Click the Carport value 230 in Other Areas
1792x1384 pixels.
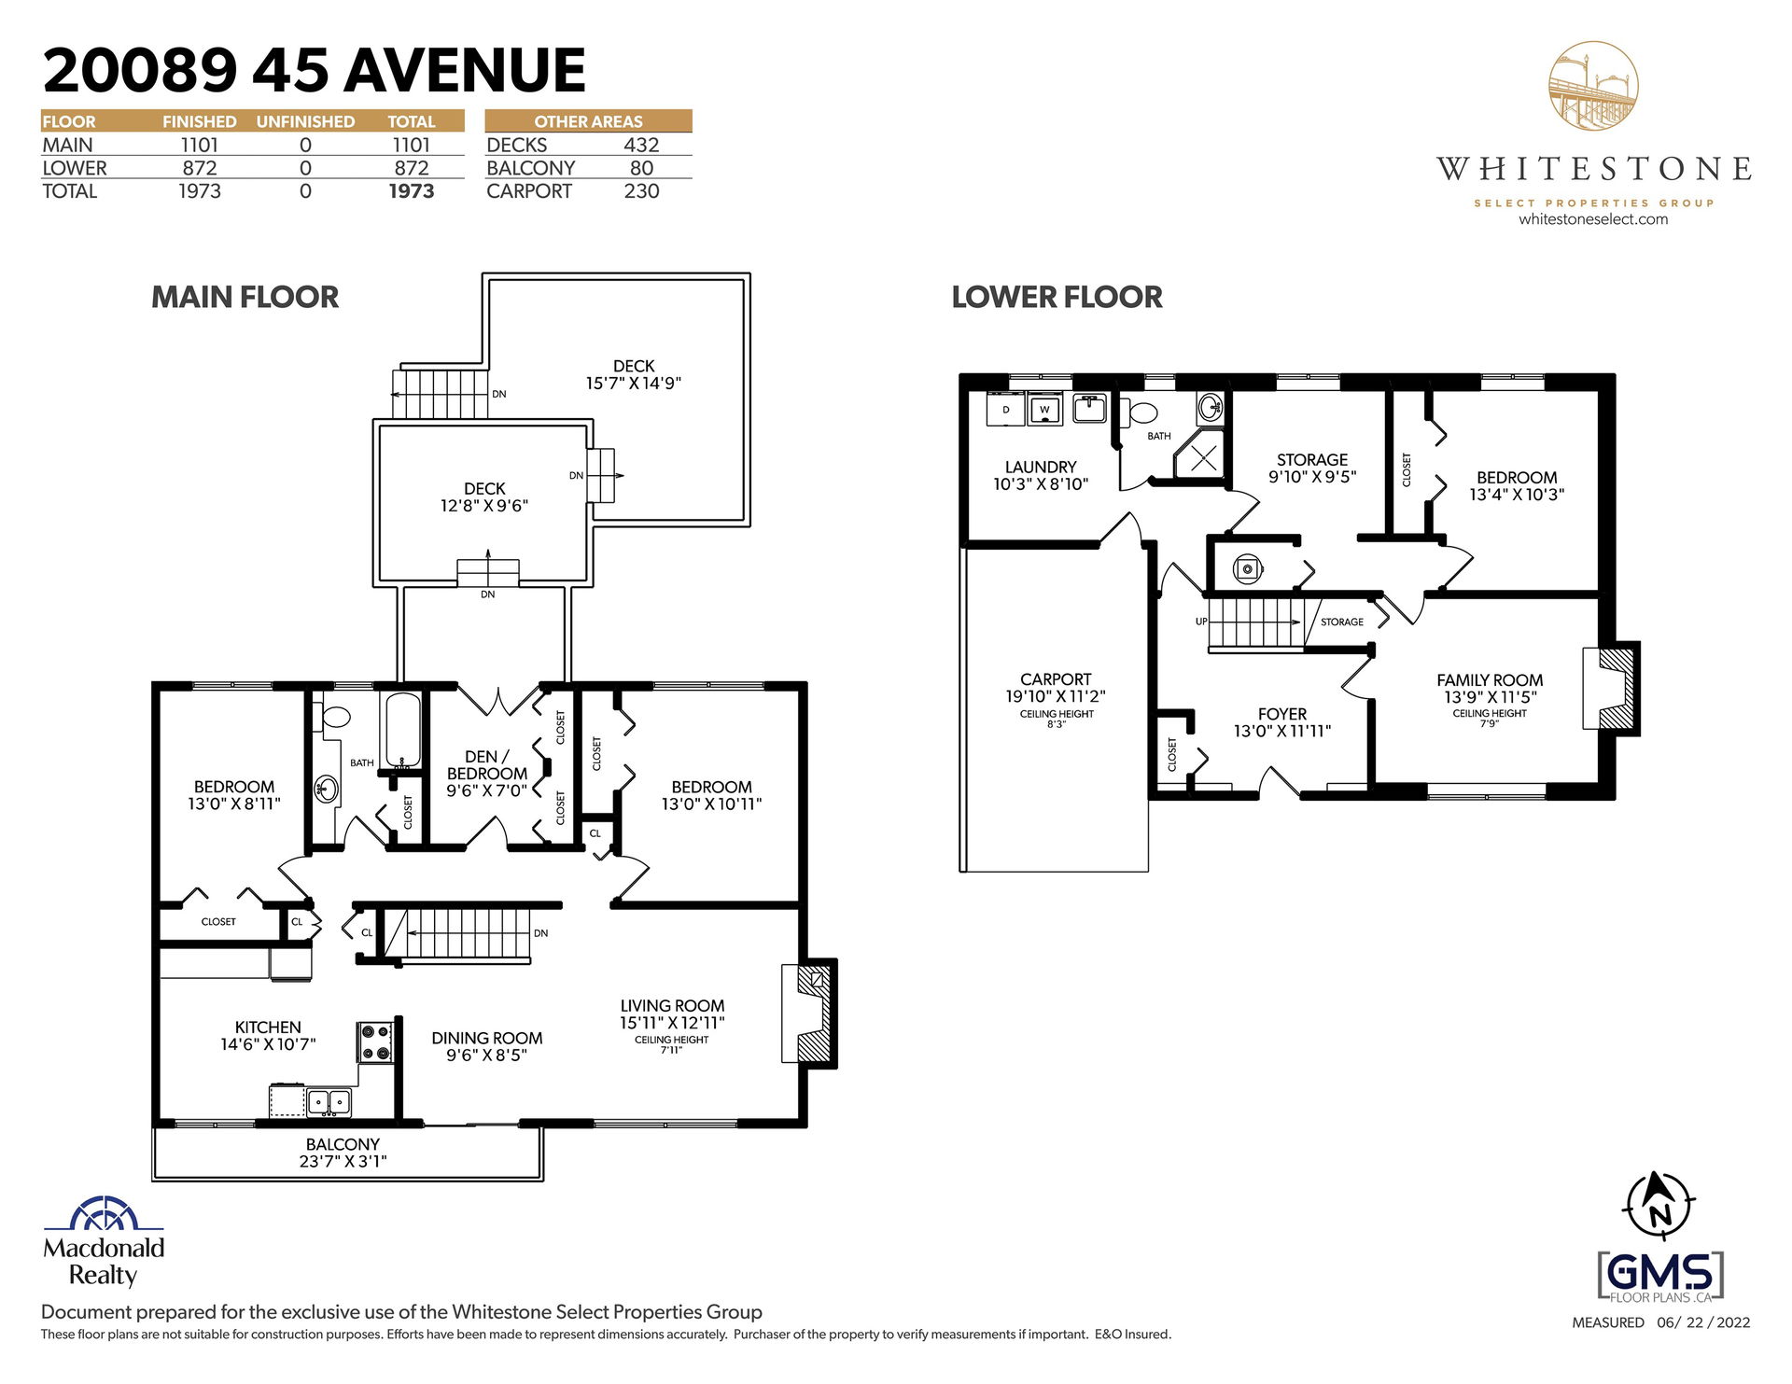641,191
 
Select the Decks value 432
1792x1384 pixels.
641,145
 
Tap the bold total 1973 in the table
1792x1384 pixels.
412,191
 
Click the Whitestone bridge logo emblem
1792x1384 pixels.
1593,85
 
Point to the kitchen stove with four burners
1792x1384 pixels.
376,1042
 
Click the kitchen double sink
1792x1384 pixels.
329,1102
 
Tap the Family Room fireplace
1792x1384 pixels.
1611,689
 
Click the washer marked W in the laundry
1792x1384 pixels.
1044,409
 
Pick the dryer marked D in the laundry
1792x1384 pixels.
1006,409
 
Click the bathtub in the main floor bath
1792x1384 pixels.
402,730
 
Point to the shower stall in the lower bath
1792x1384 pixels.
1200,456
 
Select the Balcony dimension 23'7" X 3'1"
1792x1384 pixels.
343,1161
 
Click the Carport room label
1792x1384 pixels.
1056,679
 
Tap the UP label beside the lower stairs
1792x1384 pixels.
1201,622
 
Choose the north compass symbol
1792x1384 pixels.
1659,1205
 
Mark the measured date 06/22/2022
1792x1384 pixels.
1703,1322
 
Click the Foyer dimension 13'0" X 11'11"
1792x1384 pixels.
1282,731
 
